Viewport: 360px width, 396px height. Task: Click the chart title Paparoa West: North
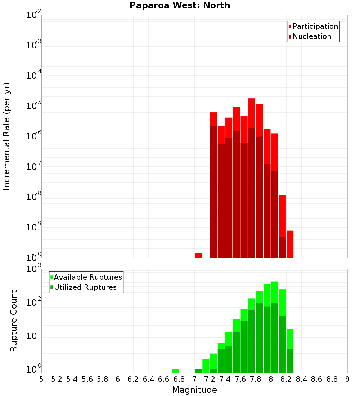click(180, 5)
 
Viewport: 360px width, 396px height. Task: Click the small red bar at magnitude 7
click(198, 256)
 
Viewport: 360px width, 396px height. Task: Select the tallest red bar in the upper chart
click(252, 178)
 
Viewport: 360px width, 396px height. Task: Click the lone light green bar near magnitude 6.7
click(175, 371)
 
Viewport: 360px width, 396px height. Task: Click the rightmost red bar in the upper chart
click(290, 244)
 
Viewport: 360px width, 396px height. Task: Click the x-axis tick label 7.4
click(225, 379)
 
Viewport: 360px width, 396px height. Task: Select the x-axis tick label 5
click(41, 379)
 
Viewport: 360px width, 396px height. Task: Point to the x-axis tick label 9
click(347, 379)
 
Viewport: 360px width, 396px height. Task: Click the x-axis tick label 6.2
click(133, 379)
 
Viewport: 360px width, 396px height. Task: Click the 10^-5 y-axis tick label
click(33, 106)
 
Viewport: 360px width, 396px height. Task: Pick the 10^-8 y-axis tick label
click(33, 197)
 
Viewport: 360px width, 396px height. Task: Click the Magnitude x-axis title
click(194, 390)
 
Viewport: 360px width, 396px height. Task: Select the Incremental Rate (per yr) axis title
click(7, 136)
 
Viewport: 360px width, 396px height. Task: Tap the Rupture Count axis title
click(14, 321)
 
